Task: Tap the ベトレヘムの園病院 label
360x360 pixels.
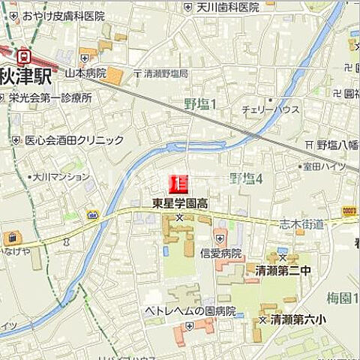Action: pyautogui.click(x=190, y=310)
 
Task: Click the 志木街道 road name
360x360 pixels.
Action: pyautogui.click(x=308, y=223)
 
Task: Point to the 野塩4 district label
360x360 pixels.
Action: pyautogui.click(x=246, y=178)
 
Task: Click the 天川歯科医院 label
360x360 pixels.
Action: pyautogui.click(x=226, y=7)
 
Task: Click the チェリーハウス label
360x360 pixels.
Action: pyautogui.click(x=270, y=109)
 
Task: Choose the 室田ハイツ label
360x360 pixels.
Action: pyautogui.click(x=325, y=166)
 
